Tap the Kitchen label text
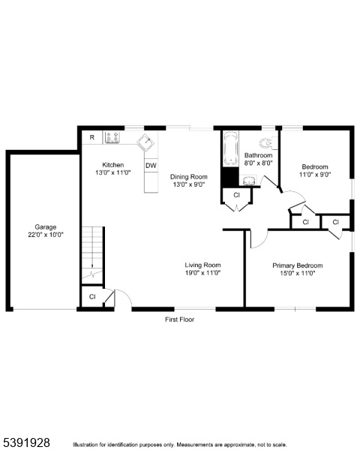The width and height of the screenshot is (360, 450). [113, 165]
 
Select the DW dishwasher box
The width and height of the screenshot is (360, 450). [151, 166]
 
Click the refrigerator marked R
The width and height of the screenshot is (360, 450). [92, 137]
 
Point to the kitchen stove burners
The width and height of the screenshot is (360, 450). [112, 137]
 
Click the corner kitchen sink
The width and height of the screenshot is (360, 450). [147, 142]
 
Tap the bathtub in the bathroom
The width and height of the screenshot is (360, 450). [230, 148]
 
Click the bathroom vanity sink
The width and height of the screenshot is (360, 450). [249, 181]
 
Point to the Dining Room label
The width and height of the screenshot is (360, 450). [188, 177]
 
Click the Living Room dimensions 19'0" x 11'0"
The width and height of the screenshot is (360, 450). [202, 273]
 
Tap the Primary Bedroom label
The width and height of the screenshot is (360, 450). [298, 265]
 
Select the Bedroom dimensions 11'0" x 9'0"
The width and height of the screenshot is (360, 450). [315, 175]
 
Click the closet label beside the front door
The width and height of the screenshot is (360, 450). [92, 296]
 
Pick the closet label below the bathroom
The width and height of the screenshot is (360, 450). [236, 195]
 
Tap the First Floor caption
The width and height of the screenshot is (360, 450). [180, 319]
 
